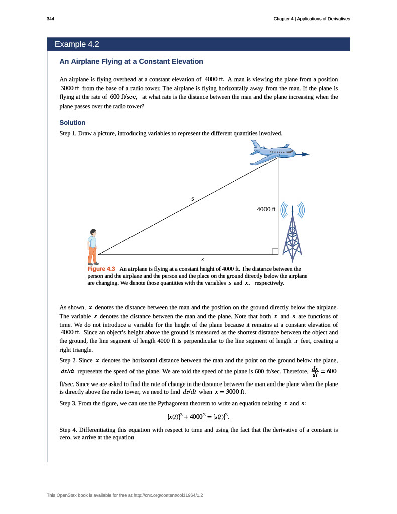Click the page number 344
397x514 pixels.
pyautogui.click(x=50, y=19)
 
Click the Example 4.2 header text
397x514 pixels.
pyautogui.click(x=77, y=44)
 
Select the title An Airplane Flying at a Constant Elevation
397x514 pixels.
pyautogui.click(x=131, y=62)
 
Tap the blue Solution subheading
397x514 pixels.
pyautogui.click(x=72, y=123)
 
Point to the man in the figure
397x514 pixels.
pyautogui.click(x=92, y=246)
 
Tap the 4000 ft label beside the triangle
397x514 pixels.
pyautogui.click(x=266, y=209)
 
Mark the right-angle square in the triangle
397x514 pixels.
pyautogui.click(x=275, y=251)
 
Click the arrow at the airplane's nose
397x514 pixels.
pyautogui.click(x=304, y=154)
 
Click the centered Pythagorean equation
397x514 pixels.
pyautogui.click(x=198, y=416)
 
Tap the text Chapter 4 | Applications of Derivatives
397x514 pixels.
pyautogui.click(x=311, y=19)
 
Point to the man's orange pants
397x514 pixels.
pyautogui.click(x=92, y=255)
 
